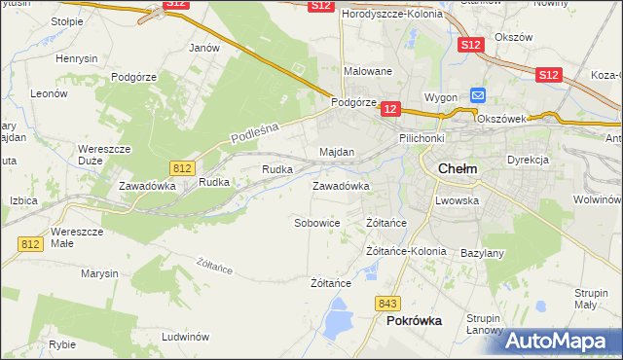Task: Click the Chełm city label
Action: click(458, 167)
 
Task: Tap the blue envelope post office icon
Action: click(478, 94)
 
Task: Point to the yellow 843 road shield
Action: click(388, 304)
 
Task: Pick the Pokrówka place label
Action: click(414, 320)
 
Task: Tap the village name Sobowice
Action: click(317, 223)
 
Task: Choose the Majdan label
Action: click(337, 153)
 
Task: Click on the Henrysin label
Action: click(77, 59)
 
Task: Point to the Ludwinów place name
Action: click(186, 337)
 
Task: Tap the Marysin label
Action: click(98, 274)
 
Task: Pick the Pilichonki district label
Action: click(421, 139)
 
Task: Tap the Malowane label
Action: click(368, 71)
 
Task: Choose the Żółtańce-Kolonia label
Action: click(406, 251)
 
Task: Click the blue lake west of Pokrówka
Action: click(340, 316)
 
